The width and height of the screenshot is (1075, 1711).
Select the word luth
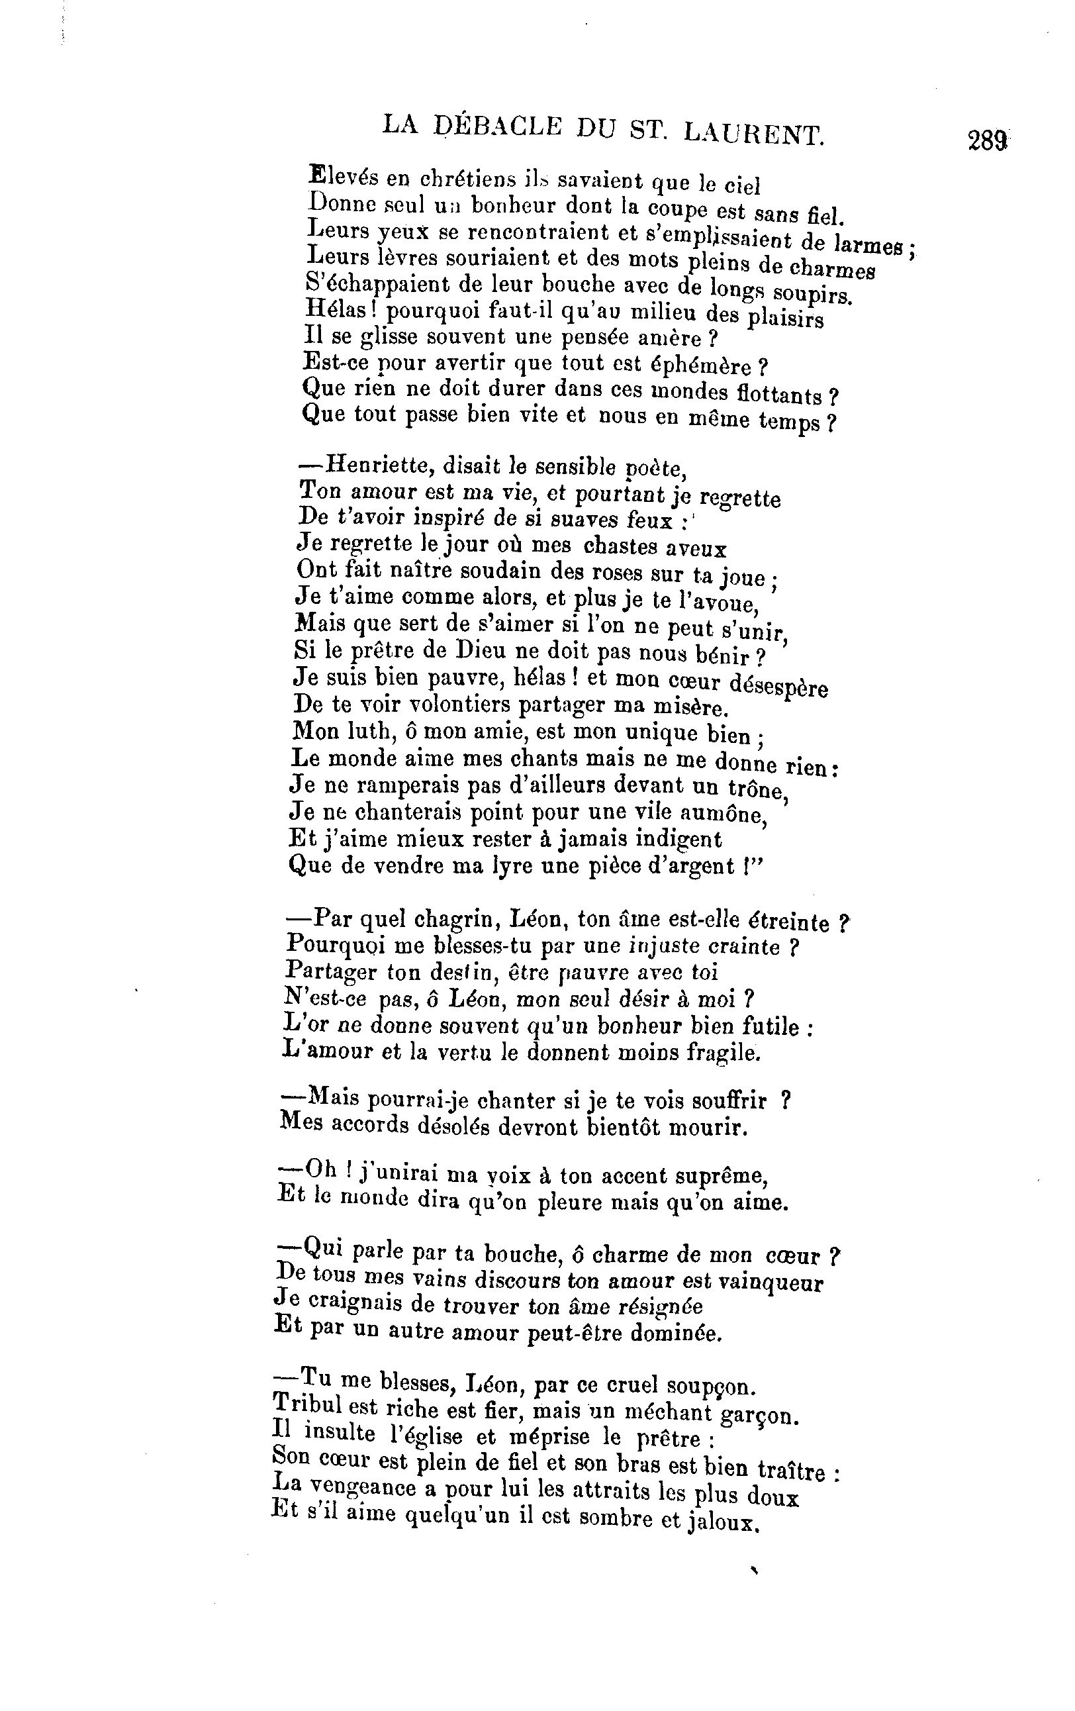click(365, 730)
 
